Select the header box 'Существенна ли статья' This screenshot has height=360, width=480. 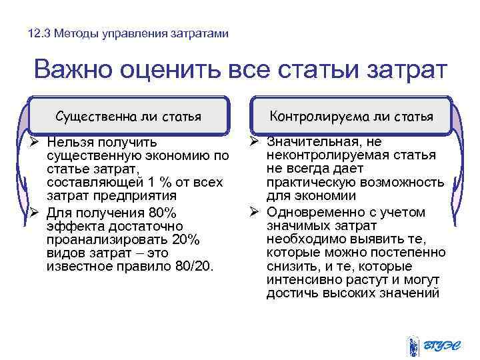pyautogui.click(x=129, y=117)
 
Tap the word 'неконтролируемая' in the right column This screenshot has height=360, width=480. pyautogui.click(x=319, y=155)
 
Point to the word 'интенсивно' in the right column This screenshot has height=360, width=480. pyautogui.click(x=299, y=281)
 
